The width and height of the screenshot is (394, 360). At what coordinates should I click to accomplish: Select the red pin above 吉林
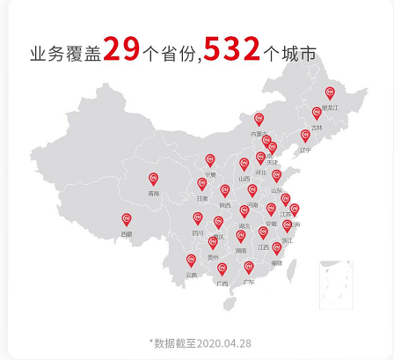317,114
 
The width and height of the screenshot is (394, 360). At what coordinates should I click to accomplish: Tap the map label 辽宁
305,150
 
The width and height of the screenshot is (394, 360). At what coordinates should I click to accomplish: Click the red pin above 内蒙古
259,120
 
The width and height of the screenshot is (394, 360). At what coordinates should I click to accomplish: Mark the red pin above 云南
191,261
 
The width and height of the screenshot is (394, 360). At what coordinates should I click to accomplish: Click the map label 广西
221,283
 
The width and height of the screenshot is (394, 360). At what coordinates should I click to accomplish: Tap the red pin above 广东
249,268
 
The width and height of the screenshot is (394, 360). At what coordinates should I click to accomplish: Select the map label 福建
276,262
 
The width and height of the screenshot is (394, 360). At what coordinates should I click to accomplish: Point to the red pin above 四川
198,219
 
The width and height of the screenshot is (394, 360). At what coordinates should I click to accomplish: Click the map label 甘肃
201,199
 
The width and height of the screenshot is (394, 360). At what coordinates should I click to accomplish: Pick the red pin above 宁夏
210,160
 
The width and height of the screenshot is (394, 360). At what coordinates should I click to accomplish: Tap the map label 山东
276,190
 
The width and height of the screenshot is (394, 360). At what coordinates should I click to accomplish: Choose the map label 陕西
225,205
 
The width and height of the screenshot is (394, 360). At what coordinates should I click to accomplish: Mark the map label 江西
263,247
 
